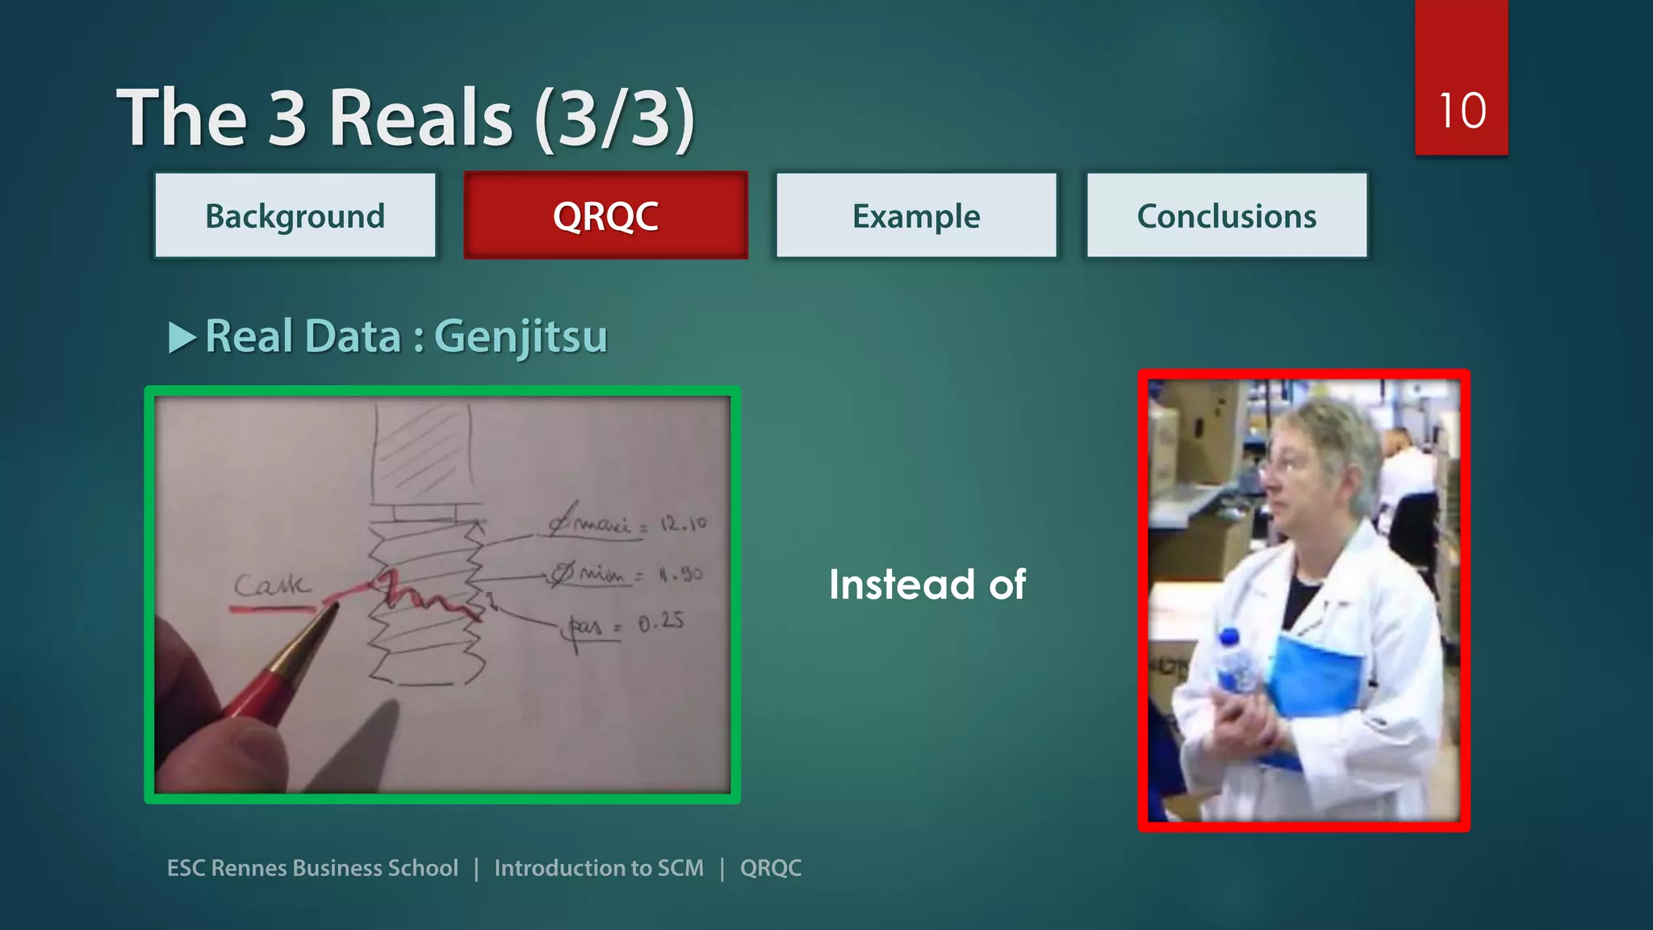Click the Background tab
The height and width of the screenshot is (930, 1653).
click(x=295, y=216)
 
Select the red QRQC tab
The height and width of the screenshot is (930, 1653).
click(x=605, y=216)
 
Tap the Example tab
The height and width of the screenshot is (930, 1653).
click(x=916, y=216)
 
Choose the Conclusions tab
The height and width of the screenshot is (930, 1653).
click(x=1226, y=216)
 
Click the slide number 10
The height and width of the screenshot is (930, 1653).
click(x=1461, y=111)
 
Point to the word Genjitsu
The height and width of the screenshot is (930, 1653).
click(x=521, y=337)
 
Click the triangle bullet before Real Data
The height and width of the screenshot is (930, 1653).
click(x=182, y=337)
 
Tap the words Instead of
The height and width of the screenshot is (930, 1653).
click(x=927, y=584)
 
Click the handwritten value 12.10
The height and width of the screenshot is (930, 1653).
click(x=683, y=525)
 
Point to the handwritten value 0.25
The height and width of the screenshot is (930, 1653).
click(x=661, y=622)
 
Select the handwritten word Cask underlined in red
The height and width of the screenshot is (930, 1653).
click(x=270, y=584)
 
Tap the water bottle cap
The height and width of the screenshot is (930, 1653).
click(x=1228, y=637)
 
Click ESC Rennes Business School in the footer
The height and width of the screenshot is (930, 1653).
click(x=312, y=868)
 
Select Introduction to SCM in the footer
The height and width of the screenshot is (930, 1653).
click(x=598, y=868)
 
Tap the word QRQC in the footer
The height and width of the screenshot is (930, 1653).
click(x=770, y=868)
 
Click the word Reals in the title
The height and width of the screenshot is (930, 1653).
click(x=420, y=119)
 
